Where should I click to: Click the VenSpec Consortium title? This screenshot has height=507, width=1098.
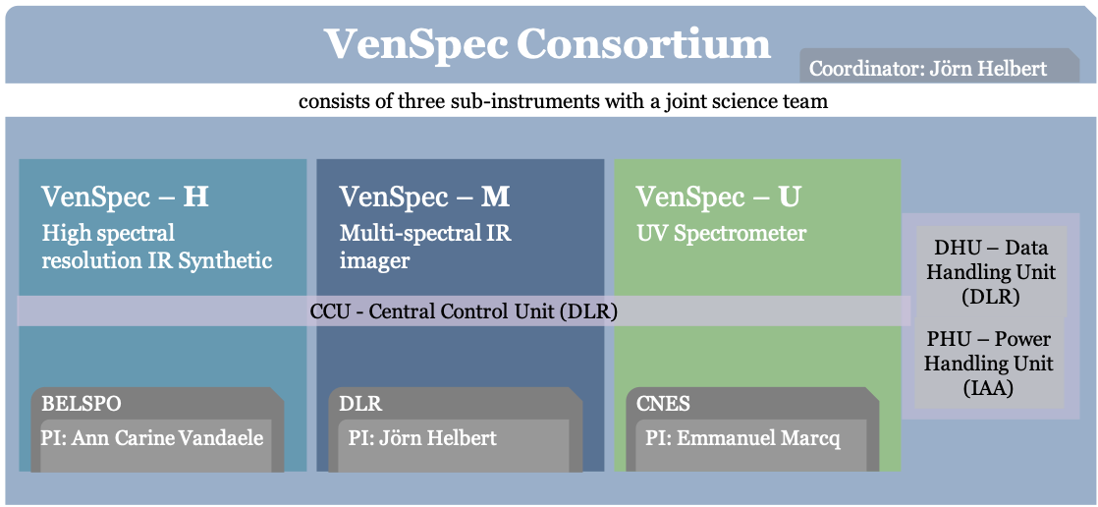coord(547,43)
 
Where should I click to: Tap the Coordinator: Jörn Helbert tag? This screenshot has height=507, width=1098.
coord(928,69)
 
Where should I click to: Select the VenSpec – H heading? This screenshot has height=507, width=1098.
coord(126,197)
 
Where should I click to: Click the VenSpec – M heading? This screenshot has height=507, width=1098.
coord(425,197)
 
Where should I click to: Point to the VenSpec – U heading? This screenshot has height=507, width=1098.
coord(719,197)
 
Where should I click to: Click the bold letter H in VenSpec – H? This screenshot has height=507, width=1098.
coord(196,197)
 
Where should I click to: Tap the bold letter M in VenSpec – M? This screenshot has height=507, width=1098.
coord(496,197)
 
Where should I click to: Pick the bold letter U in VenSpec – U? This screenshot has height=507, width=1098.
coord(790,197)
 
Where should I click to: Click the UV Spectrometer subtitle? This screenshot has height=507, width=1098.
coord(721,234)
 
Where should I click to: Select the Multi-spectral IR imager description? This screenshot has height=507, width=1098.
coord(425,248)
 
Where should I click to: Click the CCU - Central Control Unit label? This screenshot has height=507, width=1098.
coord(464,310)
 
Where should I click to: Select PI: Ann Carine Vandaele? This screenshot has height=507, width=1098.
coord(152,438)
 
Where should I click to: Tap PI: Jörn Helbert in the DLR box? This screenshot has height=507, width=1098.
coord(422,438)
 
